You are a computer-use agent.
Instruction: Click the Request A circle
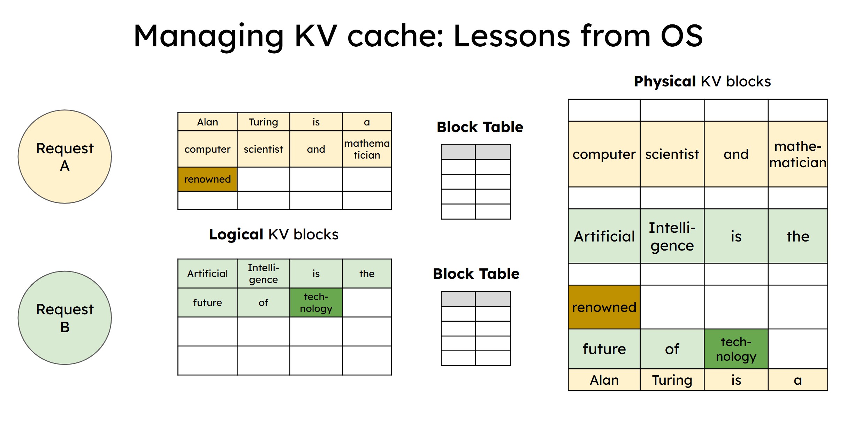coord(64,157)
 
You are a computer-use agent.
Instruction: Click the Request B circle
coord(64,318)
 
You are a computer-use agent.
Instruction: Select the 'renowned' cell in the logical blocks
coord(207,179)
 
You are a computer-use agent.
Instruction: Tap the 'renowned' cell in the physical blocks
coord(604,307)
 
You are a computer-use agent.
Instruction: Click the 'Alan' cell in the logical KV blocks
coord(207,122)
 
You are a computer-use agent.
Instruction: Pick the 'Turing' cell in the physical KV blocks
coord(672,380)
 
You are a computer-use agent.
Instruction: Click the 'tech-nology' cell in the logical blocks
coord(316,302)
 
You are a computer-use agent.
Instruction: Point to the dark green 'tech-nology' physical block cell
coord(736,349)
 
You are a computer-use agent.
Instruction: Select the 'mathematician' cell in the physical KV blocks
coord(798,154)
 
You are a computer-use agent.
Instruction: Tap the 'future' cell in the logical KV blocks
coord(207,302)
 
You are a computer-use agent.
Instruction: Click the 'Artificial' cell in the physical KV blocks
coord(604,236)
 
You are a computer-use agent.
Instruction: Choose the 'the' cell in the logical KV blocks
coord(367,274)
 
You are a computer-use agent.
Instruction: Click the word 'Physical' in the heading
coord(665,82)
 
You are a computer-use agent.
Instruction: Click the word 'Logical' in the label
coord(236,235)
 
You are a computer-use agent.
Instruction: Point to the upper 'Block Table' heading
coord(480,127)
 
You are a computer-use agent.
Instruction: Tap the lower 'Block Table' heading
coord(476,274)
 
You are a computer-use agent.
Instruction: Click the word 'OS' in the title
coord(681,36)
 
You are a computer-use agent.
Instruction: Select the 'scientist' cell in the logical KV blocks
coord(263,149)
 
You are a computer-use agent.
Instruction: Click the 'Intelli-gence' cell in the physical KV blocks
coord(672,236)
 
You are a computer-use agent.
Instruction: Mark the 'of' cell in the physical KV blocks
coord(672,349)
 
